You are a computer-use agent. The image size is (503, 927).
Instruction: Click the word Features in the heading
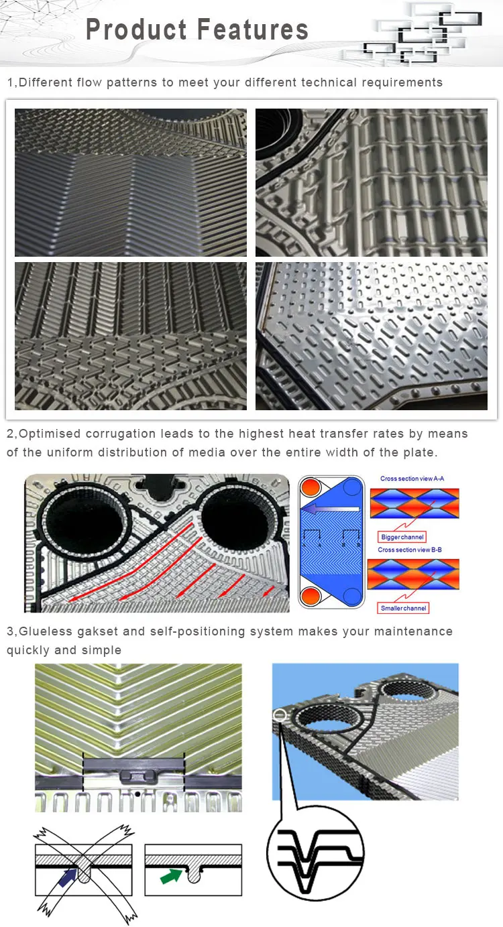(253, 29)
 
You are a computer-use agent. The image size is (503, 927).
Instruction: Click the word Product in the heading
(136, 29)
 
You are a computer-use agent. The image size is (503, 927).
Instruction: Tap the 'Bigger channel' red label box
(402, 537)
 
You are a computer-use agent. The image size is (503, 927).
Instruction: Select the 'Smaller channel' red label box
(403, 608)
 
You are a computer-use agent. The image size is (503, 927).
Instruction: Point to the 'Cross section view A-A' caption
(412, 479)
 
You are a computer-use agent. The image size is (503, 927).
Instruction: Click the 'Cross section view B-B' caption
(409, 550)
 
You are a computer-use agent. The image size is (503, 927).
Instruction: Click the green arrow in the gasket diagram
(170, 876)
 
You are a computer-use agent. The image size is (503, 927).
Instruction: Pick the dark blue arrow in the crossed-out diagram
(68, 877)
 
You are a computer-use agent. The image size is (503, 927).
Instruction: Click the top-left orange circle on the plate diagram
(311, 487)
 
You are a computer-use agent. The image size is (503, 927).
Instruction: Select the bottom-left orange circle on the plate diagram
(311, 597)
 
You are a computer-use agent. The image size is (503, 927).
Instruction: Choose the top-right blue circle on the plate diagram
(352, 487)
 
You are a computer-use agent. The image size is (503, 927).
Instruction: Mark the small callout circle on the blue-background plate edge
(280, 715)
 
